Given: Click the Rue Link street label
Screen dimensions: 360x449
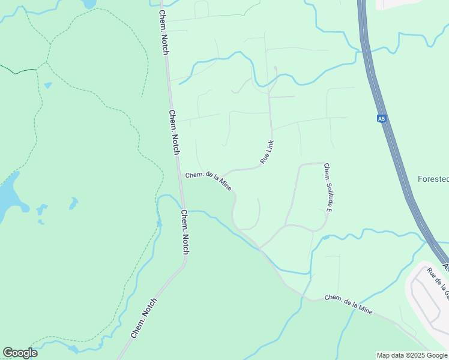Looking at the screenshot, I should (267, 152).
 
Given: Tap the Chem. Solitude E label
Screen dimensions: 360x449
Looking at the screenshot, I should (328, 188).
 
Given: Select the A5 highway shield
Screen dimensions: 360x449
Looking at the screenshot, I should (381, 119).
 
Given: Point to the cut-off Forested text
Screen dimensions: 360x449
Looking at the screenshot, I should (433, 179).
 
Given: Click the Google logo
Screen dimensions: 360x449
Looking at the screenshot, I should (20, 353).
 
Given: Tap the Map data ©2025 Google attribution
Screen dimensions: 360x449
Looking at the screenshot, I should (412, 355).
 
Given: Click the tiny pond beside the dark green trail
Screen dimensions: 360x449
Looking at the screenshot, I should (48, 85).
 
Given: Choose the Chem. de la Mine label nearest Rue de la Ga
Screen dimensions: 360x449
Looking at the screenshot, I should (349, 304).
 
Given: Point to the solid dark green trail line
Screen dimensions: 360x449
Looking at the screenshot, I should (18, 71).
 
